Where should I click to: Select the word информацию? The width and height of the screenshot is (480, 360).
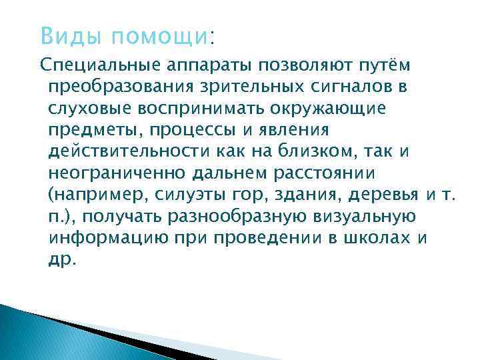tap(105, 239)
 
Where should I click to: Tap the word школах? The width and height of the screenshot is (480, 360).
tap(387, 239)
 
